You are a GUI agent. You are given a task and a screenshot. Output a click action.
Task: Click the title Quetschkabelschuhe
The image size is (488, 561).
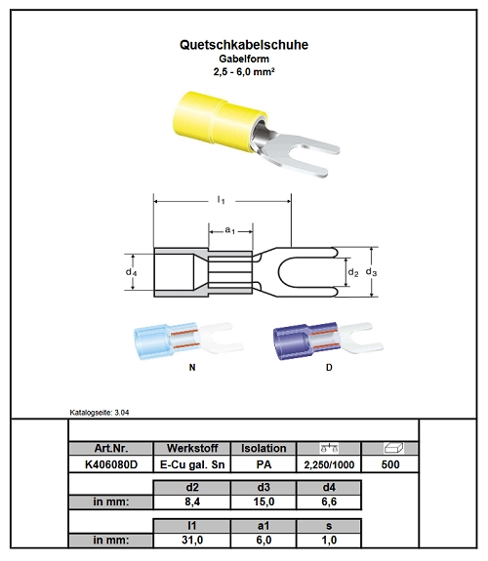[x=244, y=45]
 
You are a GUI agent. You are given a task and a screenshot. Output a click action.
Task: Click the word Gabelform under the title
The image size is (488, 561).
[x=244, y=59]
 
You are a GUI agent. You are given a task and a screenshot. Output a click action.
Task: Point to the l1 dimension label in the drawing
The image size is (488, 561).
[x=222, y=200]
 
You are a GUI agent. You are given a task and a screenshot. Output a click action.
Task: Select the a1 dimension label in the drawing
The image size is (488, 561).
[x=230, y=230]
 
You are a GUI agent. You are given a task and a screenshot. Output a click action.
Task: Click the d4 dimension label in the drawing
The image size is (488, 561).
[x=131, y=272]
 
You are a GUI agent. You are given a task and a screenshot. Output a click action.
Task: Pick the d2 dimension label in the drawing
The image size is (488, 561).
[x=353, y=272]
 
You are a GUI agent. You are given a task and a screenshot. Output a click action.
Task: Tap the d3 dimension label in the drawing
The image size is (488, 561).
[x=371, y=272]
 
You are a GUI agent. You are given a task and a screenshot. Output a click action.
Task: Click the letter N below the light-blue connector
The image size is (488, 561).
[x=192, y=368]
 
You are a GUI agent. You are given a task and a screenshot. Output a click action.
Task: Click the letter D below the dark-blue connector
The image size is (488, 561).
[x=329, y=368]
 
